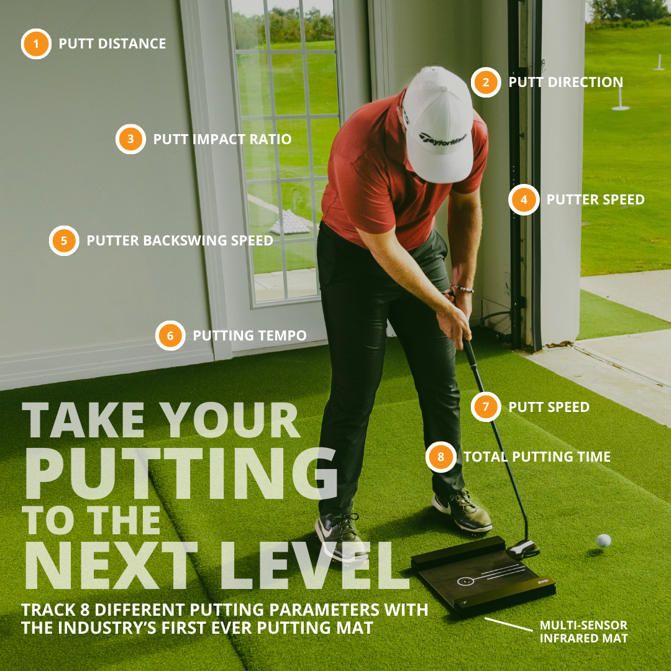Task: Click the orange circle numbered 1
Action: coord(36,43)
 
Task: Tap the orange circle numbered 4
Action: coord(524,199)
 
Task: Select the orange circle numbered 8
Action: coord(440,457)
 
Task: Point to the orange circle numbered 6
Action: coord(170,335)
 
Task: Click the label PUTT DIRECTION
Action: coord(565,82)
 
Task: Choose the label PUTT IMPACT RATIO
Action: coord(222,139)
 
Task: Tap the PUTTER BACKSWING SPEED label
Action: coord(180,240)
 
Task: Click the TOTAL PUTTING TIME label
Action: coord(537,457)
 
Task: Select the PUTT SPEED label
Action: coord(549,408)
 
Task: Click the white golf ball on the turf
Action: coord(603,541)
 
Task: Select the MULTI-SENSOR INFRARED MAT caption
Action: coord(583,631)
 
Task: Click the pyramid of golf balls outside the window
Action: coord(290,222)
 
